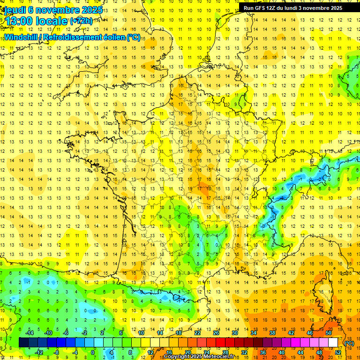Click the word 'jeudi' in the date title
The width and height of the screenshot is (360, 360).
click(x=15, y=9)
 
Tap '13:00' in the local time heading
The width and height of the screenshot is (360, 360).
click(x=20, y=21)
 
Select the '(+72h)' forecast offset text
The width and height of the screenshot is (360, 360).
click(x=81, y=21)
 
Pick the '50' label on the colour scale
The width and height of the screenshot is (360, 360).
click(x=329, y=333)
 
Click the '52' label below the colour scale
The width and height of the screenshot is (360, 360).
click(x=338, y=352)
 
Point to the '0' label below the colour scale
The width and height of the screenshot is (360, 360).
click(x=93, y=352)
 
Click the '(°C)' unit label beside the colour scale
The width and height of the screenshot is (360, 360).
click(x=349, y=343)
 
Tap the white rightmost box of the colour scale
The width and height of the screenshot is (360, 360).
click(x=333, y=343)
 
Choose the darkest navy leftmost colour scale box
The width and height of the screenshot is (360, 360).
click(x=23, y=343)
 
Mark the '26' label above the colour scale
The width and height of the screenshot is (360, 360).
click(x=216, y=333)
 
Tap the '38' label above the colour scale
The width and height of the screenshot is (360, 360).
click(x=272, y=333)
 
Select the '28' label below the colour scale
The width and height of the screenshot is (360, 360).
click(x=225, y=352)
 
